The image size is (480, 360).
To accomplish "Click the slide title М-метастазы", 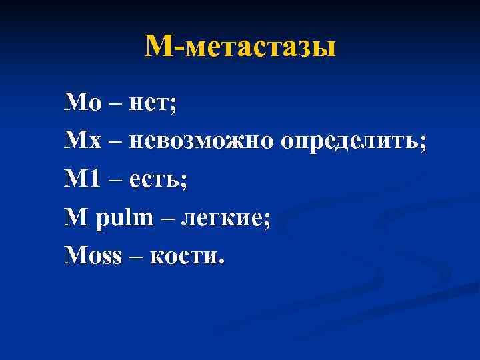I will pyautogui.click(x=240, y=47).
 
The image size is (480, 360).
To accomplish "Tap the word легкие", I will pyautogui.click(x=230, y=218).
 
